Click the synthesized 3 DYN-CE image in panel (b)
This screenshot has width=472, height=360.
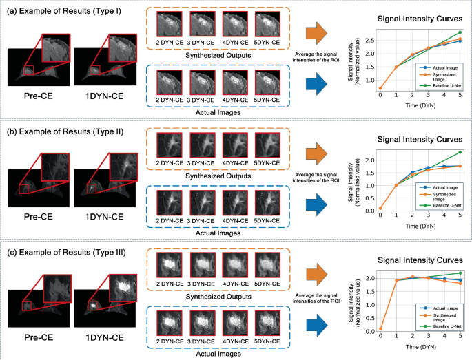tap(202, 146)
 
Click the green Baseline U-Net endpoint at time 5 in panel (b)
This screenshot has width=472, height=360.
tap(460, 152)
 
